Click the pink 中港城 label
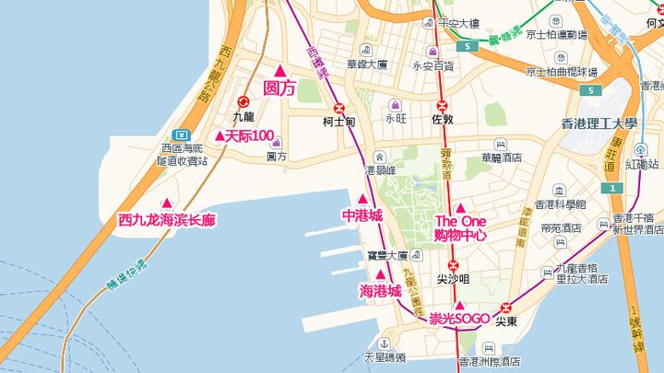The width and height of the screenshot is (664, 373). (x=362, y=216)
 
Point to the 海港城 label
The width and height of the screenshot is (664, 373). (x=380, y=290)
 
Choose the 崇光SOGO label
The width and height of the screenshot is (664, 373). (x=458, y=319)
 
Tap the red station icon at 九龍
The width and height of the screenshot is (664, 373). (x=243, y=102)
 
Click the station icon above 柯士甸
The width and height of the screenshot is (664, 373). (x=339, y=106)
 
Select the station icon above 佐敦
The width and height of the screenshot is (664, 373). (x=443, y=105)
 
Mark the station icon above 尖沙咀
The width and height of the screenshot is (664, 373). (x=452, y=264)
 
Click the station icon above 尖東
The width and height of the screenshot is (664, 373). (x=505, y=308)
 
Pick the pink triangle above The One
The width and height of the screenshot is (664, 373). (x=460, y=206)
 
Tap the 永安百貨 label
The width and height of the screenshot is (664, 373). (x=433, y=65)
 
